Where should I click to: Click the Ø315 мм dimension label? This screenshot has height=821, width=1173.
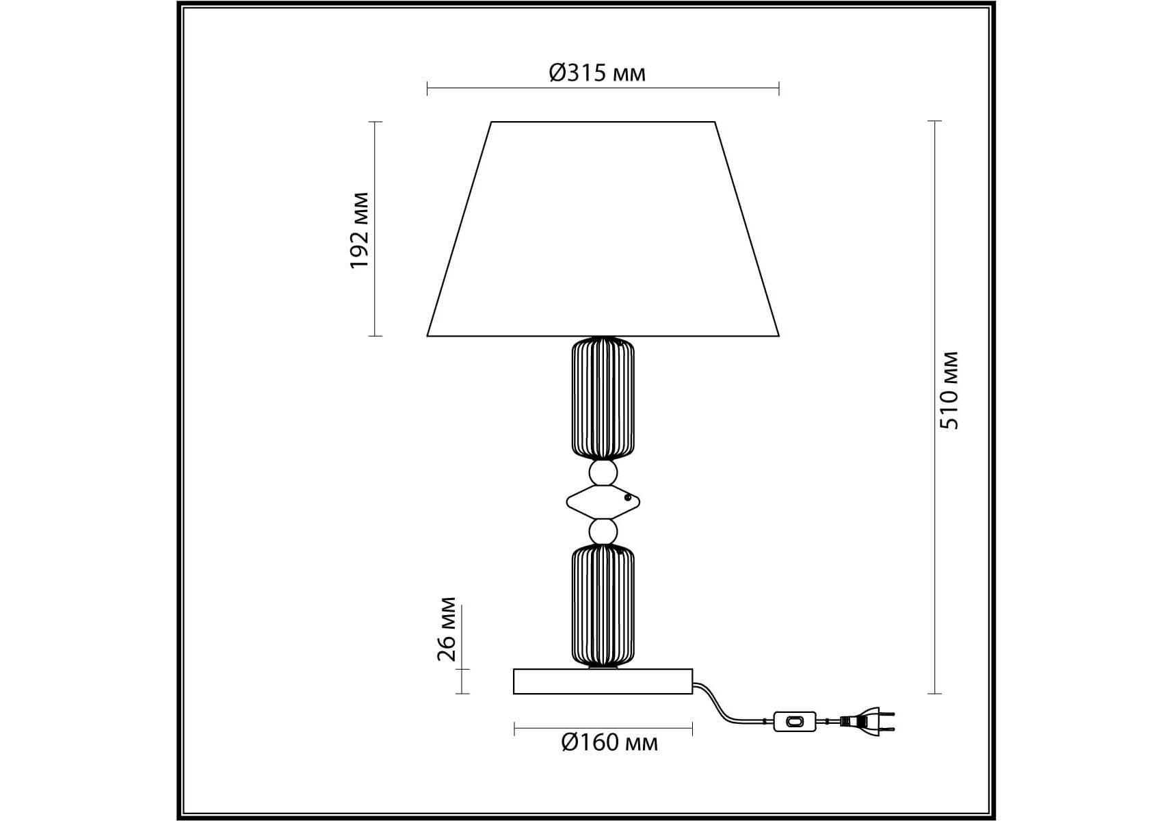tap(597, 73)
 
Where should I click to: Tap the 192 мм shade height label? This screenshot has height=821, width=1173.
tap(359, 231)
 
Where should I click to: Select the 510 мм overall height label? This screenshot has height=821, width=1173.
tap(949, 390)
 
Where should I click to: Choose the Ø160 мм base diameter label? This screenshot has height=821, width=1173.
tap(609, 742)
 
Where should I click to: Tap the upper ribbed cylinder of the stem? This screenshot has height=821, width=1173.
tap(603, 398)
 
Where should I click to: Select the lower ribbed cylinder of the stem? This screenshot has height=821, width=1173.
tap(603, 605)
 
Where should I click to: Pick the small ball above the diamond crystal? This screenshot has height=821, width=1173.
tap(603, 473)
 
